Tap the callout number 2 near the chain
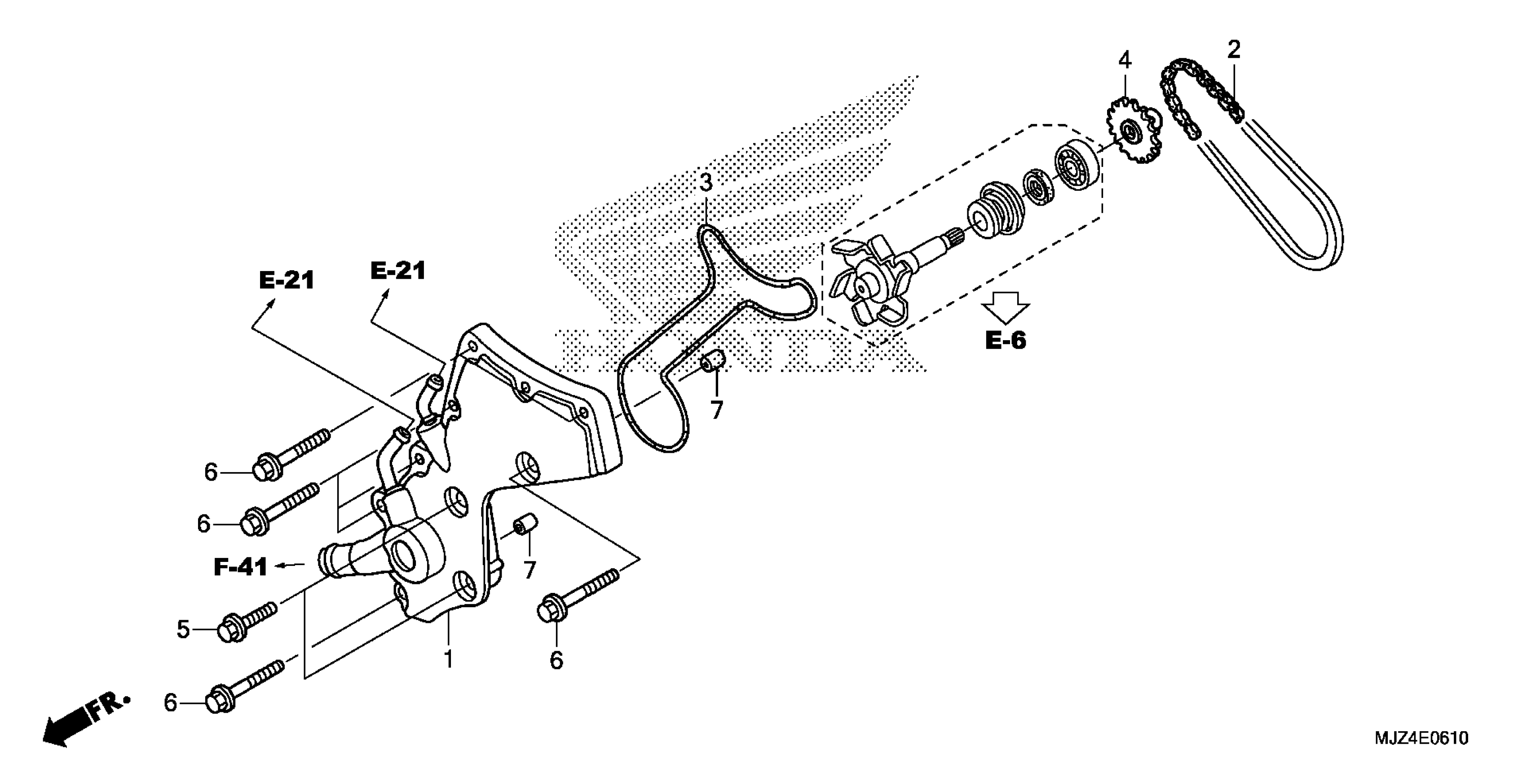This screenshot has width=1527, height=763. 1234,50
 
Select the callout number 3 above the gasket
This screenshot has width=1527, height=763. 706,183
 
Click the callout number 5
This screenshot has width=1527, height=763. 183,629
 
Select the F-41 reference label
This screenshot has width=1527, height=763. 241,567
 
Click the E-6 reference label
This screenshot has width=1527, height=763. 1006,341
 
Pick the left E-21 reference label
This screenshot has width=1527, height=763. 287,280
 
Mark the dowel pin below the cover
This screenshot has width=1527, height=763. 525,524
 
